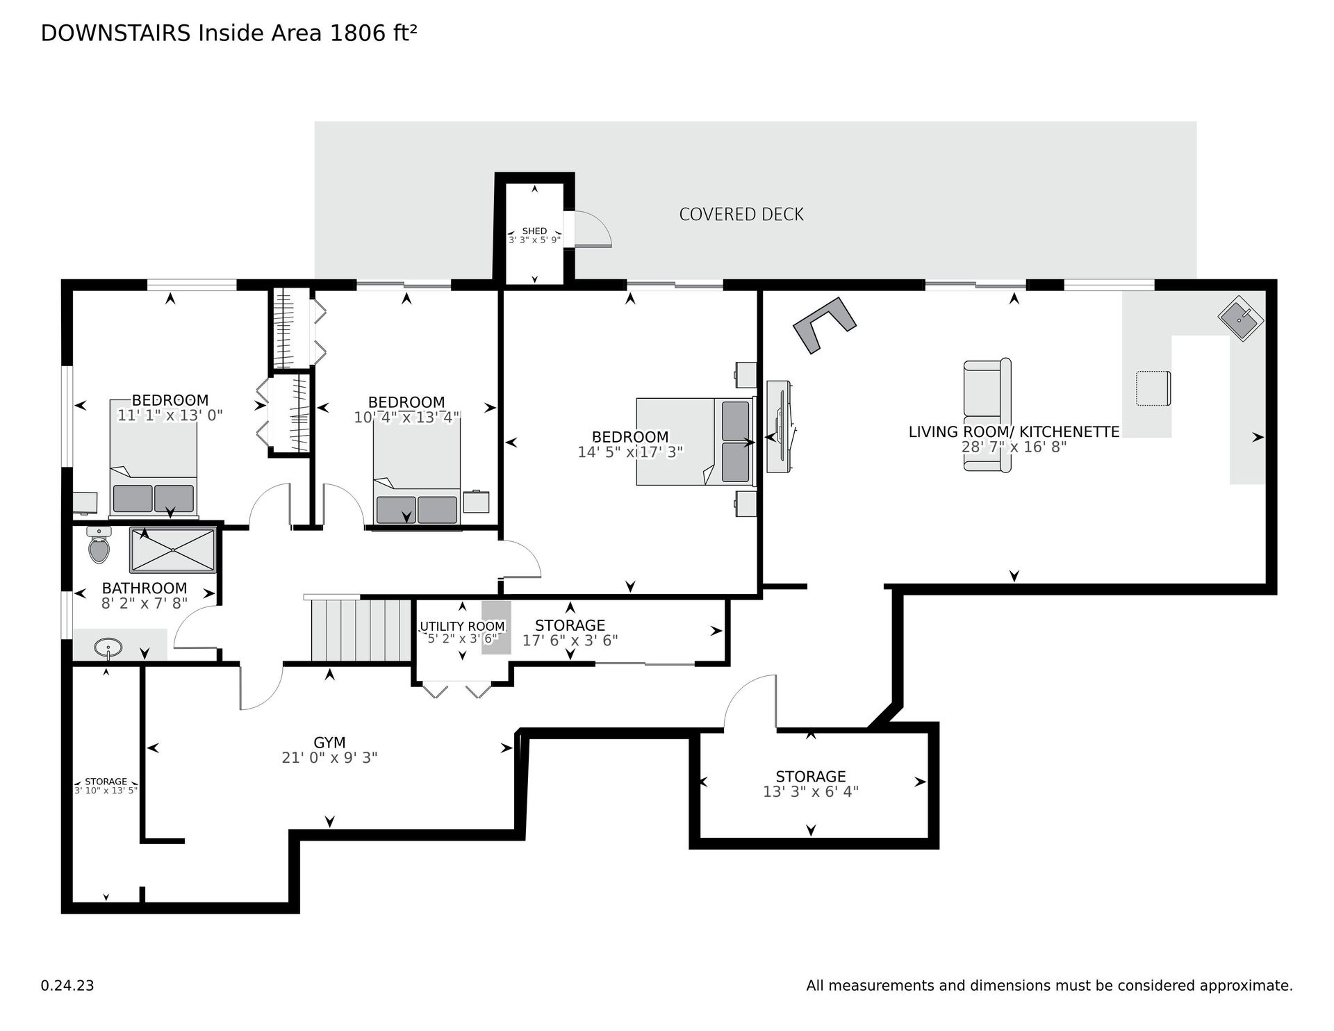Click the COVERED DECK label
coord(741,214)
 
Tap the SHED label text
coord(534,231)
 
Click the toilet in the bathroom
coord(99,545)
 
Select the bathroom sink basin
coord(109,649)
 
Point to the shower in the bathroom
coord(173,550)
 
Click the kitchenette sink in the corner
coord(1241,319)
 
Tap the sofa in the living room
coord(987,415)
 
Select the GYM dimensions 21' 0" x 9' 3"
coord(329,757)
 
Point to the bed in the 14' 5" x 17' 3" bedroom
coord(695,440)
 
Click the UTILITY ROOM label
coord(462,627)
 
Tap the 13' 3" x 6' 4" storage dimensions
coord(811,791)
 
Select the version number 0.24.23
coord(67,985)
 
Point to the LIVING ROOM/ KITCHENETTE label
coord(1014,431)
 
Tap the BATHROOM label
coord(145,588)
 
